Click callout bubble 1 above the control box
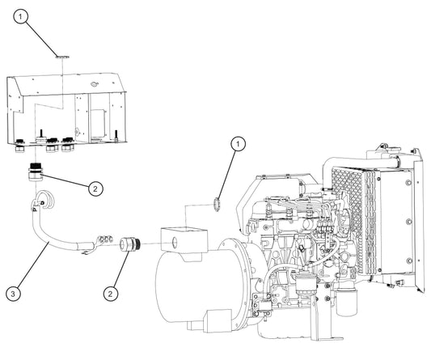20,17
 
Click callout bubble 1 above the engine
238,144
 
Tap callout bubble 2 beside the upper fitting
95,188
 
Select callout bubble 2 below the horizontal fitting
111,294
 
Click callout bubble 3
13,294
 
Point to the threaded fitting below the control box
36,172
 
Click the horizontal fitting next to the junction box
130,244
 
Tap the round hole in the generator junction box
175,242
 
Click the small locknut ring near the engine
217,205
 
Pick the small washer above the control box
63,57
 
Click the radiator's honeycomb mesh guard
349,218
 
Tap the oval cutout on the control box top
95,83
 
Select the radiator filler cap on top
382,146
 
